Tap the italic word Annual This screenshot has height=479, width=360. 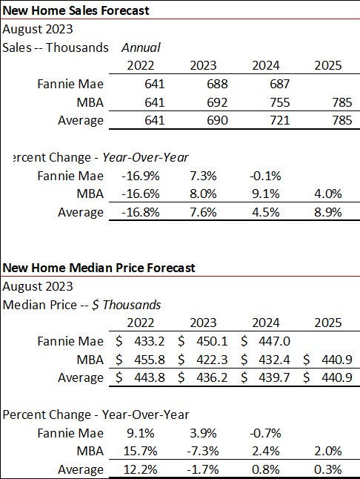point(141,47)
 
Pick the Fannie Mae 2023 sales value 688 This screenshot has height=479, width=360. point(203,84)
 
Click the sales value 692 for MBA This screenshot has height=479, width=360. point(203,102)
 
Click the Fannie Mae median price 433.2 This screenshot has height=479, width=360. point(145,341)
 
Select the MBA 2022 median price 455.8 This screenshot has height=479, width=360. point(145,359)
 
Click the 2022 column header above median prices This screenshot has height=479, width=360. point(141,323)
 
